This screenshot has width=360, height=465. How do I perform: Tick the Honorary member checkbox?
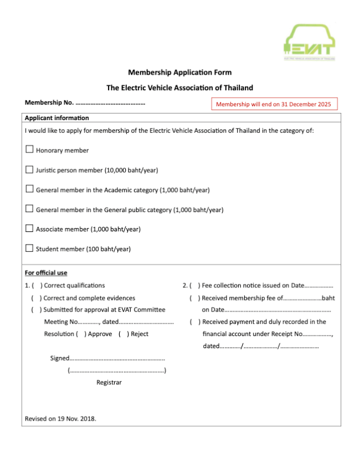click(29, 149)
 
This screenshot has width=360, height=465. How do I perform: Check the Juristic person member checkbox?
click(29, 169)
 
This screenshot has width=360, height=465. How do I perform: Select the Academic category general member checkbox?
click(29, 189)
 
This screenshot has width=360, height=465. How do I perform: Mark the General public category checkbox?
click(29, 209)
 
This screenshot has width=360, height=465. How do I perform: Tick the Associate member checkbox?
click(29, 229)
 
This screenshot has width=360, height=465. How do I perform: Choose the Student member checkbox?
click(29, 249)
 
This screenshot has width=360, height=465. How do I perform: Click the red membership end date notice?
click(274, 104)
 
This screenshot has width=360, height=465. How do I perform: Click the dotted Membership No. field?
click(110, 103)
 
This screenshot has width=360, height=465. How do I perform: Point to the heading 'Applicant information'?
click(56, 118)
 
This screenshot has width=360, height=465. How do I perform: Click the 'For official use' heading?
click(46, 272)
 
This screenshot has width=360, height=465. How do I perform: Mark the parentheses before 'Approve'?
click(81, 334)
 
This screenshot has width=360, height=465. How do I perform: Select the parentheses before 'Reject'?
click(124, 334)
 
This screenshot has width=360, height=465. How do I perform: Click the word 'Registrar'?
click(109, 383)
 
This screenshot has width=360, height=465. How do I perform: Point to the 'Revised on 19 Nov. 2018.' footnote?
click(60, 418)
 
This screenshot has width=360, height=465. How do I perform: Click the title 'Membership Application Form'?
click(180, 73)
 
